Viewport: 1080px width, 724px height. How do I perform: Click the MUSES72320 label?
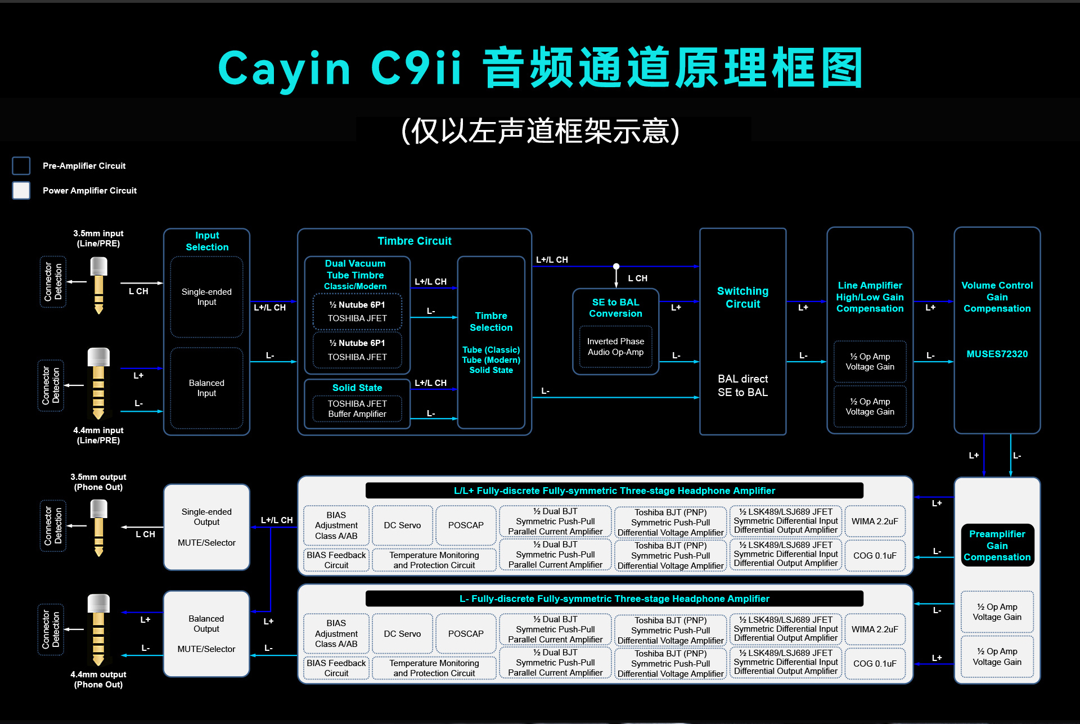click(997, 354)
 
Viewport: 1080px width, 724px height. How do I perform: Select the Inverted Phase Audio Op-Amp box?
click(615, 347)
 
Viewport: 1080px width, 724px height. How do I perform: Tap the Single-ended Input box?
click(206, 297)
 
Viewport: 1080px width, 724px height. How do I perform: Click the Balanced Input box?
click(206, 388)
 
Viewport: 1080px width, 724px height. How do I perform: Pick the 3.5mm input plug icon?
click(99, 285)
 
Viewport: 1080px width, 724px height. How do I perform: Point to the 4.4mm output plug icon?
click(98, 629)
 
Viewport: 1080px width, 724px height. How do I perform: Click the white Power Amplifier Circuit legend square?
click(21, 191)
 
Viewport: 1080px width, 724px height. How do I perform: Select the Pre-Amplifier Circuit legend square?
click(21, 166)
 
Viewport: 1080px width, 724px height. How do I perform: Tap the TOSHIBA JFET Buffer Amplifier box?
click(357, 409)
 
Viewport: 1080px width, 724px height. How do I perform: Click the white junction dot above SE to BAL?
click(616, 266)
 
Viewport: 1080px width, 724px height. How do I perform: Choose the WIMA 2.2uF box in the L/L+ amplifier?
click(875, 521)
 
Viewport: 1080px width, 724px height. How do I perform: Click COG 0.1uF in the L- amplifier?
click(875, 664)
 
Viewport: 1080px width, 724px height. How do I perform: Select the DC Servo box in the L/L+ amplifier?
click(402, 525)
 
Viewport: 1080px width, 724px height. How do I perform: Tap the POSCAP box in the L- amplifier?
click(466, 634)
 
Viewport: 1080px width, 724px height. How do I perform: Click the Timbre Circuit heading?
click(415, 241)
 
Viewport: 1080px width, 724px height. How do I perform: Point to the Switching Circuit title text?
click(742, 298)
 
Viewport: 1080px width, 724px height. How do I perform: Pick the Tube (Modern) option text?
click(491, 360)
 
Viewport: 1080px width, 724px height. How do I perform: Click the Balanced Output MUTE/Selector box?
click(206, 634)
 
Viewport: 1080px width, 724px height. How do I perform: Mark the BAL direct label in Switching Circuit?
click(742, 379)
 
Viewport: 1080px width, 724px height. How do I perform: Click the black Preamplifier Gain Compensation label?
click(997, 546)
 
